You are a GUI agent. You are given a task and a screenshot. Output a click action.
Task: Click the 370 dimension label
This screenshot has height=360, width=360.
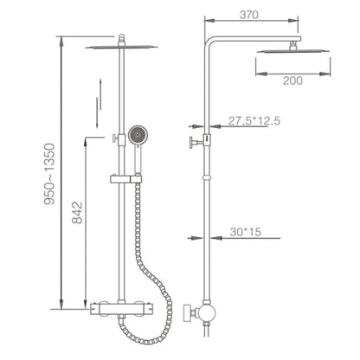tap(249, 15)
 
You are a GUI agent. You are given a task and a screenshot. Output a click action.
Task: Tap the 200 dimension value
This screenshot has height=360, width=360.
tap(292, 80)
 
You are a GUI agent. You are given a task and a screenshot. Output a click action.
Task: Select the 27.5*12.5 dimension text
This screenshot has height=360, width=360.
tap(254, 120)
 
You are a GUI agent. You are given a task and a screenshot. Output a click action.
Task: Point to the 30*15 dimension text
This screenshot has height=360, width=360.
tap(245, 232)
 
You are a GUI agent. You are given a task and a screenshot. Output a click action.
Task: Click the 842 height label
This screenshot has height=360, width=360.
tap(77, 213)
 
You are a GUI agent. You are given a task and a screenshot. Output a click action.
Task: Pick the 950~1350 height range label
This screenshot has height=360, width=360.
tap(49, 174)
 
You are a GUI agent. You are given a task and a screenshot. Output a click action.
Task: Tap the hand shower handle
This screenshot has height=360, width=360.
tap(138, 158)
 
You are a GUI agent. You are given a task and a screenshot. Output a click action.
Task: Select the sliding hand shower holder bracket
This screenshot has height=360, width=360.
tap(125, 179)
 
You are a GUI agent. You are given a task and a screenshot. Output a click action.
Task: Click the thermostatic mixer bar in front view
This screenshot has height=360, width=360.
tap(122, 309)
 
